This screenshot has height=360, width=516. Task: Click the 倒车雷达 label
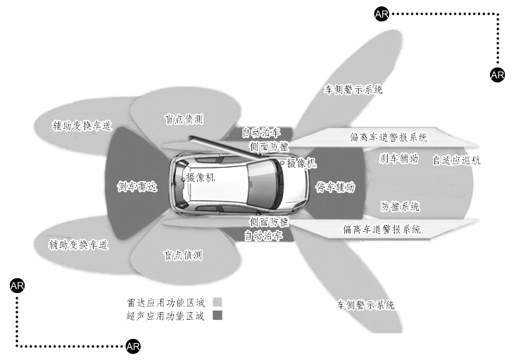137,187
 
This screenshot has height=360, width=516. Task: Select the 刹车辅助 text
398,159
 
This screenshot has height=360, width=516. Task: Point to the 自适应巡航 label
457,160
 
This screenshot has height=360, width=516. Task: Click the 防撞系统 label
400,206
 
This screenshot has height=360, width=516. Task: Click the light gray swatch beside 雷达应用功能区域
218,302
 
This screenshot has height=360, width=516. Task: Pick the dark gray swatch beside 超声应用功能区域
218,316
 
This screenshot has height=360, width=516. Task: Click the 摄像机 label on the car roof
200,178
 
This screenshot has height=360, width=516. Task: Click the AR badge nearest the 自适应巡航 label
497,74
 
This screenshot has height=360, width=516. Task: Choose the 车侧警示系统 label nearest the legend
365,305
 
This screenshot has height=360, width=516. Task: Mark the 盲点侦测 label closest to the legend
183,254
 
